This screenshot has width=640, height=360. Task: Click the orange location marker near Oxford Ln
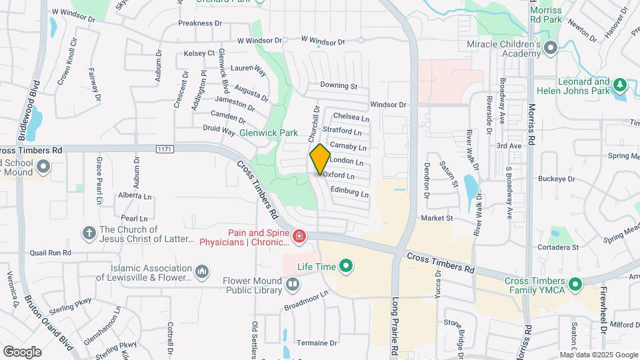[320, 159]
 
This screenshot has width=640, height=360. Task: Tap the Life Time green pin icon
[346, 268]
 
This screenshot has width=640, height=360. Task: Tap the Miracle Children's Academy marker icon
[551, 47]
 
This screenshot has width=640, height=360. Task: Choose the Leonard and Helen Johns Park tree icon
[620, 85]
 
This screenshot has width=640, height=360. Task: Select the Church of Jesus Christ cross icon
[89, 233]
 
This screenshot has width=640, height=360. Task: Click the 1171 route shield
[165, 149]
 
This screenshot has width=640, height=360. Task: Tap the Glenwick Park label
[268, 133]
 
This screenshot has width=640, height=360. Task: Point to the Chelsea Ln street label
[346, 117]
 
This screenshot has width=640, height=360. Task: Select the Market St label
[437, 218]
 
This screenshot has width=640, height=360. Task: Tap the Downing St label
[339, 86]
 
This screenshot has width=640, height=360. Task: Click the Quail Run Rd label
[51, 253]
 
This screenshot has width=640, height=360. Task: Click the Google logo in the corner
[22, 351]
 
